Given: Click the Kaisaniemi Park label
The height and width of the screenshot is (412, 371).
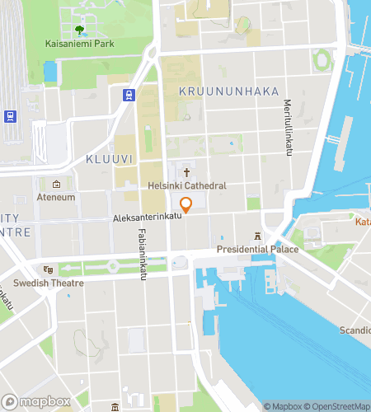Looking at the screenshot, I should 79,43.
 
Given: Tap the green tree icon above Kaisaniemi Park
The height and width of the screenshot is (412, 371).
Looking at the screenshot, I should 79,30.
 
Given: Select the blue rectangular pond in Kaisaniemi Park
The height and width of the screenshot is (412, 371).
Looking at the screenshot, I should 51,72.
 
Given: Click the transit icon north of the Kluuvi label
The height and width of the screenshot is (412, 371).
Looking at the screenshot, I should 129,96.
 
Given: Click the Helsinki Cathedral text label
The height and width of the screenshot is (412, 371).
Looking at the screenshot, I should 187,186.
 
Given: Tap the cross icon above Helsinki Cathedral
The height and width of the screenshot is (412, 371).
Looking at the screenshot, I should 187,173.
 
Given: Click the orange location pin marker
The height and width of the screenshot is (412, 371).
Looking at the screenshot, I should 186,205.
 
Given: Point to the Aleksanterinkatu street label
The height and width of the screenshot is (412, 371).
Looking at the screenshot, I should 148,219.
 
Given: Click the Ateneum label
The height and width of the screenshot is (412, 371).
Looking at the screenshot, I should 56,198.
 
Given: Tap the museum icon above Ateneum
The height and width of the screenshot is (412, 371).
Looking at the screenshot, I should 56,185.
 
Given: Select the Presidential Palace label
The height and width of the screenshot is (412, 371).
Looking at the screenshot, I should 256,249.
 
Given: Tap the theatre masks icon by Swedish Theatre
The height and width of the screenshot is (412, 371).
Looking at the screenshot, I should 49,269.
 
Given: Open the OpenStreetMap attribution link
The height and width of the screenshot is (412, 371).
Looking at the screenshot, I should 339,405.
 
